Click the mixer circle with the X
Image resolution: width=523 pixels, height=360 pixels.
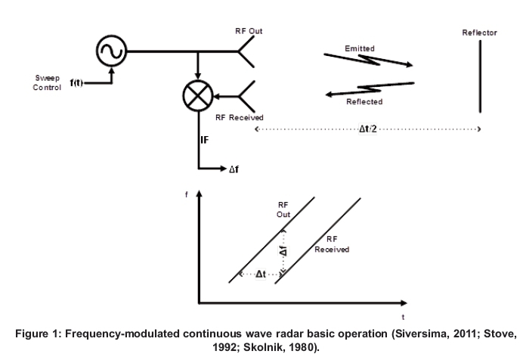[197, 97]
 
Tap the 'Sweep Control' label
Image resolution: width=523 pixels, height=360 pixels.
[47, 82]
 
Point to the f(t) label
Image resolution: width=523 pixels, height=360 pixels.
[77, 82]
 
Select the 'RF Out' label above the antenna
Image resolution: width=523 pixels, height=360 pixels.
[249, 32]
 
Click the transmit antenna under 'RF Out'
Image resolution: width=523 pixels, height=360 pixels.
[246, 51]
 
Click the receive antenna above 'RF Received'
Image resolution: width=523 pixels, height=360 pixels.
[246, 96]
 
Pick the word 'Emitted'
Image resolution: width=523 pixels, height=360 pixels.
[360, 48]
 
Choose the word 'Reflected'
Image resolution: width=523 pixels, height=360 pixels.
[364, 101]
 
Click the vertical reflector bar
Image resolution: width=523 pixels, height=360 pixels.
[479, 75]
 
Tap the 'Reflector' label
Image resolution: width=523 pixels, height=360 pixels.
[480, 33]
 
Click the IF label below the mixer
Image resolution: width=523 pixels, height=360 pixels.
[204, 139]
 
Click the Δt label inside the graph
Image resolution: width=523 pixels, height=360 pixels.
[260, 274]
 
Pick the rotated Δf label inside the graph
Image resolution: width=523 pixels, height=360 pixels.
[283, 250]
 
